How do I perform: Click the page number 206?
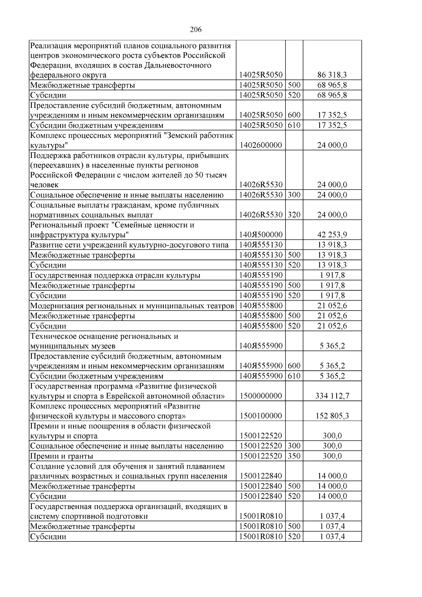point(196,30)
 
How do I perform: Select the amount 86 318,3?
point(332,75)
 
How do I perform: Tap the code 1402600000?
point(261,145)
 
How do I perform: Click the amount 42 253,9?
point(332,235)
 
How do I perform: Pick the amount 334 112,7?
point(332,396)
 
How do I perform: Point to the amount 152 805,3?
point(332,416)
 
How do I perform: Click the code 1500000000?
point(261,396)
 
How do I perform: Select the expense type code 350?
point(294,456)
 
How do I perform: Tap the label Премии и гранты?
point(62,456)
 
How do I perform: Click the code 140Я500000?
point(261,235)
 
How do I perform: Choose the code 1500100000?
point(261,416)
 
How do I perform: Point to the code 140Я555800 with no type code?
point(261,306)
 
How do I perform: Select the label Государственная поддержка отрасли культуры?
point(115,275)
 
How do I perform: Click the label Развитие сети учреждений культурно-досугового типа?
point(129,245)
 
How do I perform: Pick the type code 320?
point(294,215)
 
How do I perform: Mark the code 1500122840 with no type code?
point(261,476)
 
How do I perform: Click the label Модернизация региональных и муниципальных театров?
point(132,306)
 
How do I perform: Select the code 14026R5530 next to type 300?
point(261,195)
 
